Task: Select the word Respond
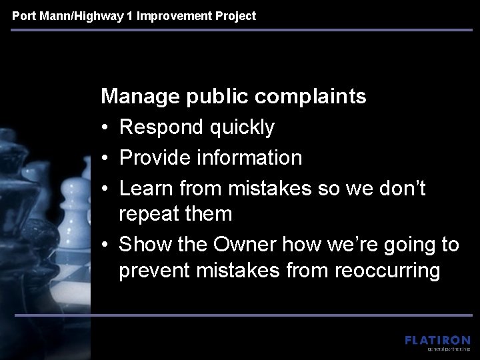coord(160,127)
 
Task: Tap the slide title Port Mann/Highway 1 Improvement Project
coord(134,15)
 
